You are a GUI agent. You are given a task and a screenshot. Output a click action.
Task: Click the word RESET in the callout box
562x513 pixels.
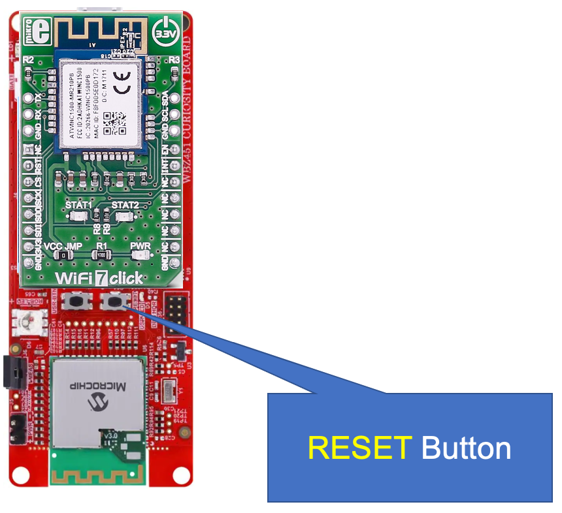tap(360, 448)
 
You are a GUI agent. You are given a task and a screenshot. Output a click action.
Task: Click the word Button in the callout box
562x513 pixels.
tap(466, 448)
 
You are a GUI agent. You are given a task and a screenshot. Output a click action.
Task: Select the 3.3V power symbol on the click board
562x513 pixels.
tap(164, 32)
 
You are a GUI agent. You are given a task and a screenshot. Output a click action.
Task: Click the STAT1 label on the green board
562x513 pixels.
tap(80, 205)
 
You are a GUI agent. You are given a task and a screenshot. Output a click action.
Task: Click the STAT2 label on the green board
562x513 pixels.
tap(125, 205)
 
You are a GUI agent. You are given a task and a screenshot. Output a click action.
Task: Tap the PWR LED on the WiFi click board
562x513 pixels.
tap(140, 255)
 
